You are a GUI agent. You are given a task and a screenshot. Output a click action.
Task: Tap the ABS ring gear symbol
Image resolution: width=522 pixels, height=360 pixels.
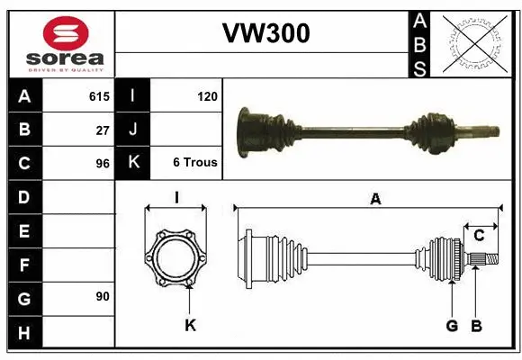pyautogui.click(x=475, y=42)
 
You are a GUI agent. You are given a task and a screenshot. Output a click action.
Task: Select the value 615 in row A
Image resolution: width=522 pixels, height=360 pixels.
pyautogui.click(x=99, y=95)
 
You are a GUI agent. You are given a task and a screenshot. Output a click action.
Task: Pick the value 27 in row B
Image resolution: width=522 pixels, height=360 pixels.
pyautogui.click(x=103, y=129)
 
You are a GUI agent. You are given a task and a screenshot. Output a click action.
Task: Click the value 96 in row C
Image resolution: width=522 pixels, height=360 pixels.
pyautogui.click(x=103, y=163)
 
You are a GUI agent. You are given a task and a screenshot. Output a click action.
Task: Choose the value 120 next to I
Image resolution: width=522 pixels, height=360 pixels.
pyautogui.click(x=207, y=95)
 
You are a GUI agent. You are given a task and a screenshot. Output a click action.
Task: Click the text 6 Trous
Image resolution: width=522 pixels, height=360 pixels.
pyautogui.click(x=195, y=163)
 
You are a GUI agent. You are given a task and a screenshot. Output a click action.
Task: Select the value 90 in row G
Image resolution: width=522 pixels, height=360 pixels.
pyautogui.click(x=103, y=296)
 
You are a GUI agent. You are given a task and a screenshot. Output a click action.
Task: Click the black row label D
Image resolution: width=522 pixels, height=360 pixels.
pyautogui.click(x=24, y=197)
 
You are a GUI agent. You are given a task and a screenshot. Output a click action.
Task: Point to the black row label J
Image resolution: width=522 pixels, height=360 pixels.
pyautogui.click(x=133, y=129)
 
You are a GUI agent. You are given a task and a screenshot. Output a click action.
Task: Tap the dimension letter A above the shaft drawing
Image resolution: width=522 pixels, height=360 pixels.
pyautogui.click(x=376, y=200)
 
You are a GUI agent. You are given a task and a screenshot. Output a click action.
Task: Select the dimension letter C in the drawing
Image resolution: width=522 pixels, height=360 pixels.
pyautogui.click(x=480, y=235)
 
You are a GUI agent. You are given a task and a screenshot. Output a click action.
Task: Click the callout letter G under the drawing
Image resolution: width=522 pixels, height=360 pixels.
pyautogui.click(x=452, y=325)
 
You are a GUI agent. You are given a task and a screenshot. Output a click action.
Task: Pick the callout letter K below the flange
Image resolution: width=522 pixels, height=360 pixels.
pyautogui.click(x=190, y=325)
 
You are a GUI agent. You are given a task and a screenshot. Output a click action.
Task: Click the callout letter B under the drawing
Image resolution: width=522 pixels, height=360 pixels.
pyautogui.click(x=477, y=325)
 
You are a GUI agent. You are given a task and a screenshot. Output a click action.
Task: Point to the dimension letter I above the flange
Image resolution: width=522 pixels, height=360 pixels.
pyautogui.click(x=177, y=197)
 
